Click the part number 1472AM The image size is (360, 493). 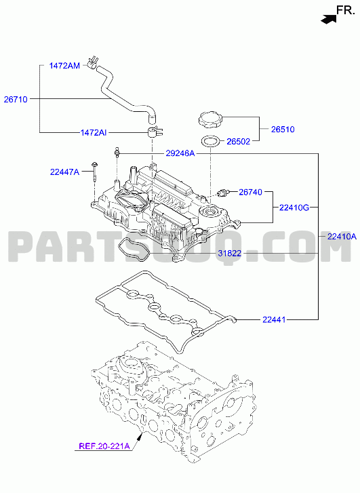click(x=64, y=66)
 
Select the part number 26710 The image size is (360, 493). click(x=16, y=100)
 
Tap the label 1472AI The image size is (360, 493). click(x=94, y=133)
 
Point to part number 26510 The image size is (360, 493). click(x=283, y=130)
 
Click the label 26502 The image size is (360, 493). click(x=239, y=142)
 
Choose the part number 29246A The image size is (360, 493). click(x=180, y=153)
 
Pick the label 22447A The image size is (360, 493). click(x=65, y=172)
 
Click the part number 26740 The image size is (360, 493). click(x=251, y=192)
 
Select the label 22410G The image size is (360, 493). click(x=294, y=208)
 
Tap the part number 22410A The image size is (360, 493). click(x=342, y=237)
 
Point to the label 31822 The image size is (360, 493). click(x=230, y=253)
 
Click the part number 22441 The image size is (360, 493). click(x=274, y=320)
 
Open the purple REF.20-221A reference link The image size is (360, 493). click(x=104, y=446)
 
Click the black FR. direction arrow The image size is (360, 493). click(x=328, y=18)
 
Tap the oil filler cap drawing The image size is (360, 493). click(x=210, y=119)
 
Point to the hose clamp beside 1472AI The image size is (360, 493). click(x=155, y=132)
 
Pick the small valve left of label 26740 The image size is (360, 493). click(x=224, y=192)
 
